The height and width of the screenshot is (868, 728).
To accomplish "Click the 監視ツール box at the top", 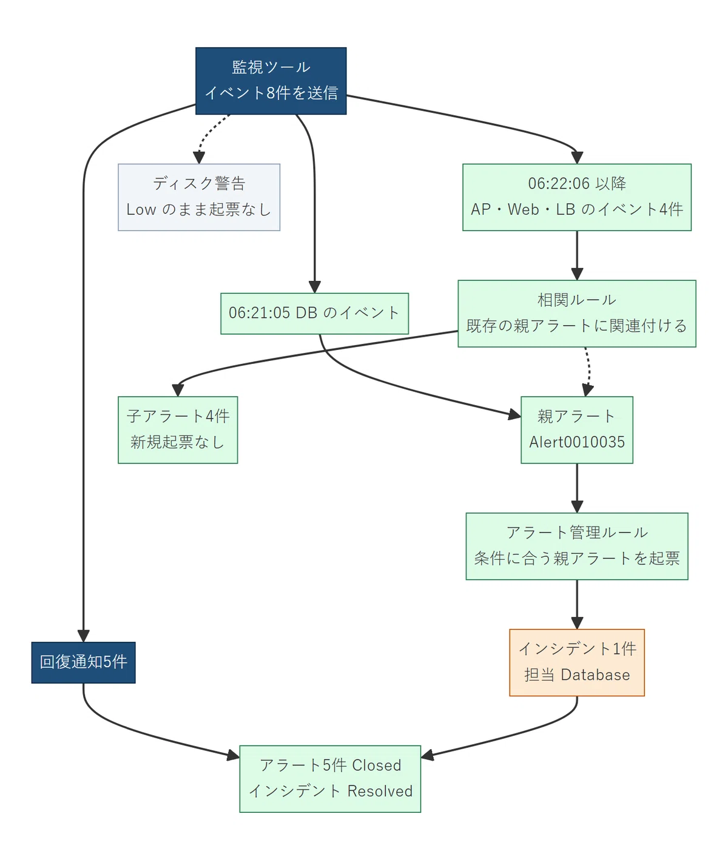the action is tap(271, 81).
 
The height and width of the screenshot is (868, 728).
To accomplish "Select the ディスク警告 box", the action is tap(199, 197).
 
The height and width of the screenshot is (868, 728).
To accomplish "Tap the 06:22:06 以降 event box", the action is tap(577, 197).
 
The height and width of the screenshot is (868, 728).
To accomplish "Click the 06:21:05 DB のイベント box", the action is tap(314, 314).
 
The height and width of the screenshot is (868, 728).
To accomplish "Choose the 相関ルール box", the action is tap(577, 314).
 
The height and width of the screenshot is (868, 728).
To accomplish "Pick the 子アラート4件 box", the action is tap(178, 429).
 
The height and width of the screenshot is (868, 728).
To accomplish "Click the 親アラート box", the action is tap(577, 429).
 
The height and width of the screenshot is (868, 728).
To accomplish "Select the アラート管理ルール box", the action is tap(577, 546).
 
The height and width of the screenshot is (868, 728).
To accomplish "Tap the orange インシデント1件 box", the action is tap(577, 662).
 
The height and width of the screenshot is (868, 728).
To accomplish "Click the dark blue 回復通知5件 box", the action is tap(84, 662).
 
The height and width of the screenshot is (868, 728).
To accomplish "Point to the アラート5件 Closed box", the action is tap(330, 779).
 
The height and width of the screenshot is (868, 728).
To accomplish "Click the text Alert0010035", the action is tap(577, 442).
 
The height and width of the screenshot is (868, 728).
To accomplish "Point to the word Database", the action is tap(595, 675).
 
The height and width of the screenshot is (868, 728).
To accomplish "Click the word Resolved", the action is tap(380, 791).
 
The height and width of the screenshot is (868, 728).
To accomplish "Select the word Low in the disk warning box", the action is tap(141, 209).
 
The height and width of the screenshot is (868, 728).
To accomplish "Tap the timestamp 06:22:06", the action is tap(559, 183).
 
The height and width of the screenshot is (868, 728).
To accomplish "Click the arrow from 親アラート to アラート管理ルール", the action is tap(577, 488).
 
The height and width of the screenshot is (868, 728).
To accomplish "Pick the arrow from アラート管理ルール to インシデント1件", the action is tap(577, 604).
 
